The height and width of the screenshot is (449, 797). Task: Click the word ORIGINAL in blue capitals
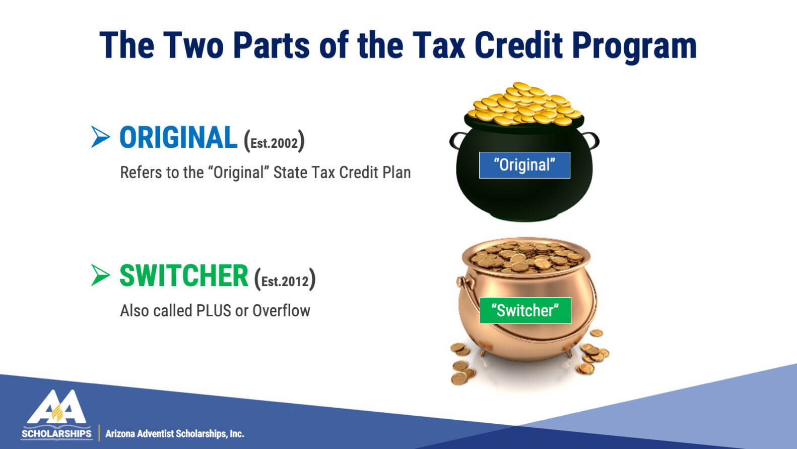178,138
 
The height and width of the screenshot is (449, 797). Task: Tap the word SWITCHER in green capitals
183,275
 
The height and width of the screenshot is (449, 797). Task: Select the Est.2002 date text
274,143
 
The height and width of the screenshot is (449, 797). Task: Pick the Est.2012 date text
285,281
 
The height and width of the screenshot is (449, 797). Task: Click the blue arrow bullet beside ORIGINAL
100,137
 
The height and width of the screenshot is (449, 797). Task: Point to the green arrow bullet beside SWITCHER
100,275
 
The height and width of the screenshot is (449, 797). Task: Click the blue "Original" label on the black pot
524,165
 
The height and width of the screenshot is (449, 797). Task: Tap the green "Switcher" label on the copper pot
525,310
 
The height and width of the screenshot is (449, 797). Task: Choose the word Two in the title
193,45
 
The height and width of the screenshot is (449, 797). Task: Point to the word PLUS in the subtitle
214,311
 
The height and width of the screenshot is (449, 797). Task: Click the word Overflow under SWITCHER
281,311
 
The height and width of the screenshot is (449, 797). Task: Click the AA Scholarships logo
56,415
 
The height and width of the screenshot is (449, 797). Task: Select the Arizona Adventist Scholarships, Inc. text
175,434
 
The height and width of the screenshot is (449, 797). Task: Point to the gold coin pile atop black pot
524,104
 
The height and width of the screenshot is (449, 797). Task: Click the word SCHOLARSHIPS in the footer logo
56,434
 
